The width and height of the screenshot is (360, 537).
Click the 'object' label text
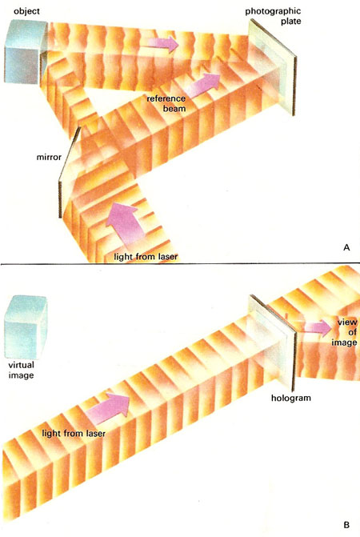point(26,11)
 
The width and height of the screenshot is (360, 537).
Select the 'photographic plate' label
point(273,16)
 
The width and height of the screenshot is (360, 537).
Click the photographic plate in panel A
point(273,67)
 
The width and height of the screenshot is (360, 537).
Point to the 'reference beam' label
point(166,103)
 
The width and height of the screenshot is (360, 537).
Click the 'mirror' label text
point(49,157)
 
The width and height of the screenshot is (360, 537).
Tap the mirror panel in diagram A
point(70,172)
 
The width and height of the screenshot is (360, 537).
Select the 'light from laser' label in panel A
point(146,257)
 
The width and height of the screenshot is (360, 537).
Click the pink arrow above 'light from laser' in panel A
point(123,222)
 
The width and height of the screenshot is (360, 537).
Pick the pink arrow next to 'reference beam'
point(203,86)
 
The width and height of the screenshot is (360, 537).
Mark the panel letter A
point(346,247)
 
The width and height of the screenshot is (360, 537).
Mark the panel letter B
point(346,525)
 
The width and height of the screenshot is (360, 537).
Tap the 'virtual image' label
point(22,370)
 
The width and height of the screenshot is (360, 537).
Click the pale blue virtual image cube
point(26,327)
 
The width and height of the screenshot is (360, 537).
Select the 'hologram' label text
point(291,398)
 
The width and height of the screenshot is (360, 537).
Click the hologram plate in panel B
point(272,343)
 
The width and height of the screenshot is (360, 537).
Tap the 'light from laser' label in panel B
point(74,433)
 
